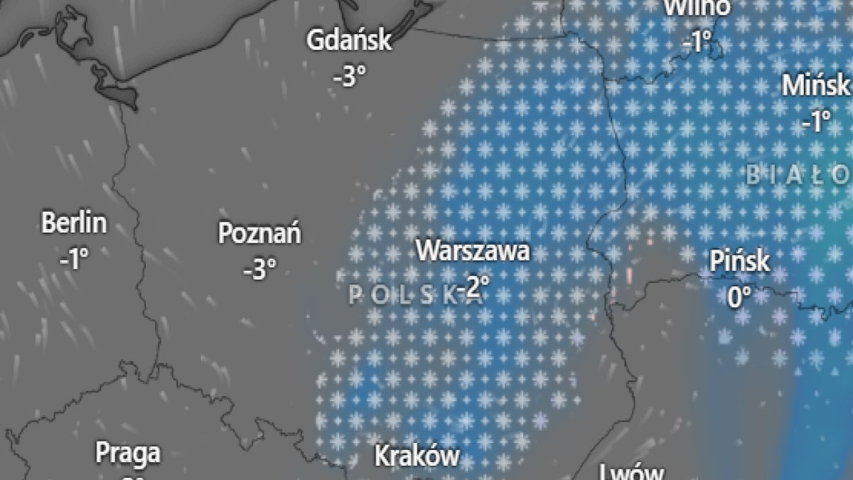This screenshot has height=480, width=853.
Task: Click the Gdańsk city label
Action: pos(348,41)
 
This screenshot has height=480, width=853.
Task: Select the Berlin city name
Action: pos(74,223)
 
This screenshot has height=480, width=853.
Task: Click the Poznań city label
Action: pos(259,233)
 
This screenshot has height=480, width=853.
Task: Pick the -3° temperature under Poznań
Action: pos(259,269)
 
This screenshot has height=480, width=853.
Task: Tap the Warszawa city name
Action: pos(473,251)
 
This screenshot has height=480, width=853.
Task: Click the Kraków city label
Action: pos(417,456)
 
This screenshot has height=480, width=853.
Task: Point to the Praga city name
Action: pos(128,452)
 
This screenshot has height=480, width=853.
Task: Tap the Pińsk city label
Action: pos(739,261)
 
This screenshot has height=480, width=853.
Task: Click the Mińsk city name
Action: pos(816,86)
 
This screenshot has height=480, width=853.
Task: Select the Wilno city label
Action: pos(697,8)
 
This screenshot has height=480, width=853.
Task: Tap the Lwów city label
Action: pos(631,472)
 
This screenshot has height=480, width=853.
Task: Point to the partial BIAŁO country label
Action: pos(798,174)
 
